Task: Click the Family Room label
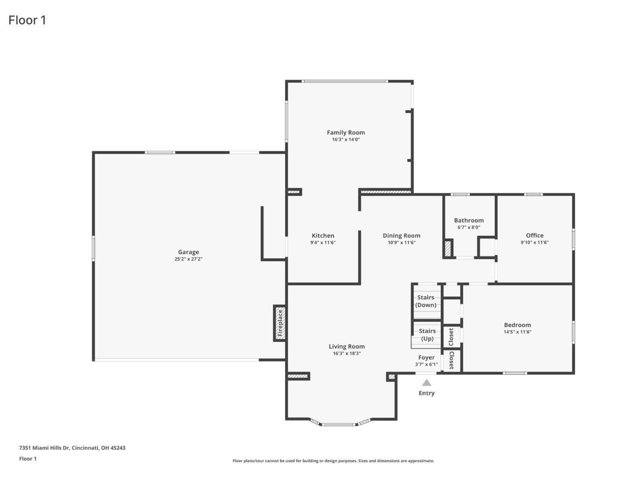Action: pyautogui.click(x=346, y=132)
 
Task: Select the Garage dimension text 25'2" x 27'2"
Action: pyautogui.click(x=188, y=259)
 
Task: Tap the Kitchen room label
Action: pyautogui.click(x=323, y=236)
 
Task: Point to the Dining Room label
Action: pyautogui.click(x=401, y=236)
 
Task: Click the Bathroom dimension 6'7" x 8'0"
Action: pyautogui.click(x=469, y=227)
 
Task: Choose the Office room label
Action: pyautogui.click(x=534, y=235)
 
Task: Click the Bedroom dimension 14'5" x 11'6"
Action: pyautogui.click(x=517, y=332)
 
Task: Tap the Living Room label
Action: pyautogui.click(x=347, y=347)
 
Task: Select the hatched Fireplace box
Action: pyautogui.click(x=280, y=323)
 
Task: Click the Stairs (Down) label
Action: pyautogui.click(x=426, y=301)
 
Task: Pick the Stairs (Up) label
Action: pyautogui.click(x=427, y=335)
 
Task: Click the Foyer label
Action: pyautogui.click(x=426, y=358)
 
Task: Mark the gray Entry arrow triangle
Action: pyautogui.click(x=427, y=383)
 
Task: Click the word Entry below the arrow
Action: pyautogui.click(x=427, y=393)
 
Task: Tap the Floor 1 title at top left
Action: pyautogui.click(x=27, y=20)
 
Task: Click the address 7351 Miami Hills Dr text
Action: pyautogui.click(x=72, y=448)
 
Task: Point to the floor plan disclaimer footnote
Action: pyautogui.click(x=333, y=461)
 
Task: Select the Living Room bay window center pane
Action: pyautogui.click(x=339, y=424)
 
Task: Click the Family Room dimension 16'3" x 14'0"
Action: pyautogui.click(x=346, y=140)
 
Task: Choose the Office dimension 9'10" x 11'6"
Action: pyautogui.click(x=534, y=242)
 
